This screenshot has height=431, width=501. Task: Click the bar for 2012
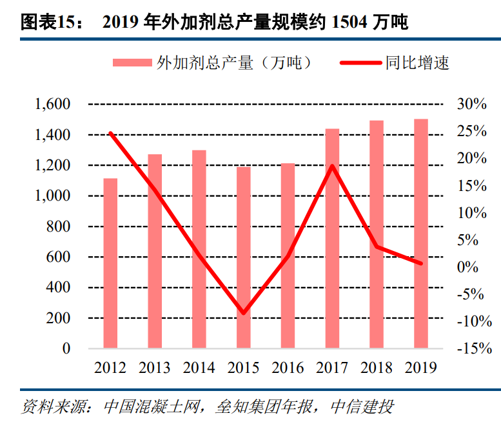[x=110, y=263]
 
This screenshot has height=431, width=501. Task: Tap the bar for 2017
[x=332, y=239]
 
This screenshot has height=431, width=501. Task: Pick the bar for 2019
[x=420, y=234]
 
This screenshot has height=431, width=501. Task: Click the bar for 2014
[x=199, y=249]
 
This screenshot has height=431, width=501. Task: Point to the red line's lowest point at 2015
[x=243, y=314]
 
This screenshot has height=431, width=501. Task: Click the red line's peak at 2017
[x=332, y=166]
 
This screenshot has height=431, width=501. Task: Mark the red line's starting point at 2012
[x=110, y=134]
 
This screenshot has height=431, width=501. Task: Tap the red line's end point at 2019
[x=420, y=263]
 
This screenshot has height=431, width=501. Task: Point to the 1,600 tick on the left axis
[x=53, y=104]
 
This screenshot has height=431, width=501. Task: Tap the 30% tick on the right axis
[x=471, y=104]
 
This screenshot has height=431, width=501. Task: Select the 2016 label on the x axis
[x=288, y=368]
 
